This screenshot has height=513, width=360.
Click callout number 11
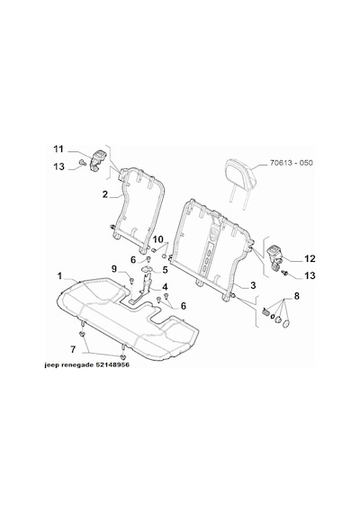point(58,149)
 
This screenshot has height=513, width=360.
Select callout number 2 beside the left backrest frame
point(104,194)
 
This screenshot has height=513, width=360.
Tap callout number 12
point(310,259)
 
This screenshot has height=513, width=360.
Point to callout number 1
point(60,276)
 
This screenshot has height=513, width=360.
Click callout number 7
point(73,349)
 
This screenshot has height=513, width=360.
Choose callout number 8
point(296,296)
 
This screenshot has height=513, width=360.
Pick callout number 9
point(114,269)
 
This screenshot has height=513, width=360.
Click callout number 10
point(157,239)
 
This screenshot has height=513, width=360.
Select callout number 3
point(253,285)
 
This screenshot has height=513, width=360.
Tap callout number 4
point(165,287)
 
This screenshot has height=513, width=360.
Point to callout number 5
point(165,270)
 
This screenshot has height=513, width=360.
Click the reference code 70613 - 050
point(292,163)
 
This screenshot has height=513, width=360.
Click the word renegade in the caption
point(77,364)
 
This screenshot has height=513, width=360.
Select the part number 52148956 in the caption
point(112,364)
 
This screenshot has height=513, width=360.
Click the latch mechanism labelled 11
point(97,159)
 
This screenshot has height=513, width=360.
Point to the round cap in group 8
point(286,324)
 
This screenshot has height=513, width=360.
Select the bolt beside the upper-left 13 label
point(82,162)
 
